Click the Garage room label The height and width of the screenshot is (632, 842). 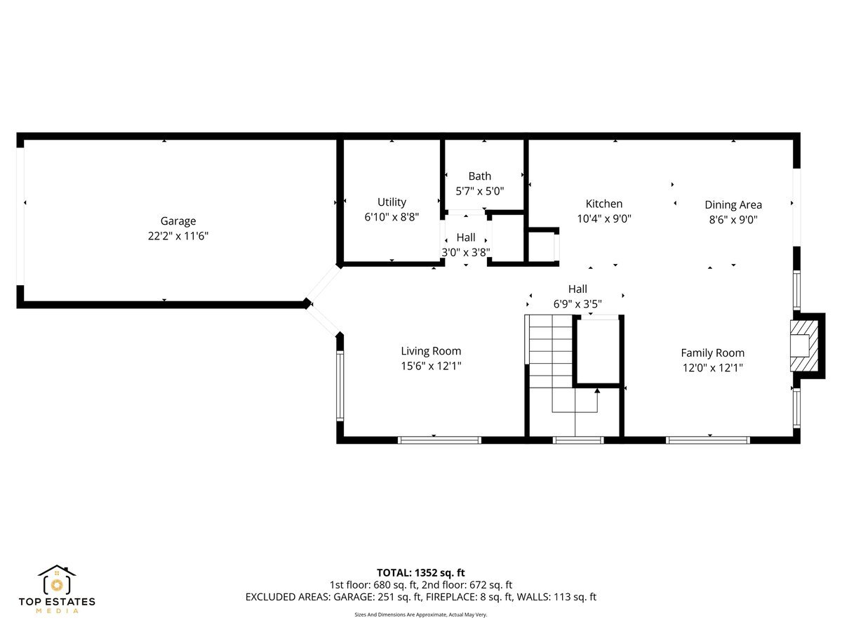click(x=178, y=221)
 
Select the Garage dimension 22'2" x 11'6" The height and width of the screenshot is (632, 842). click(x=178, y=237)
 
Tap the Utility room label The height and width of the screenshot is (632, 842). click(x=392, y=202)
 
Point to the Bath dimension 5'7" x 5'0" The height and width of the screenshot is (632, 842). click(x=480, y=190)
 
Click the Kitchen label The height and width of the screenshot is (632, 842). click(x=604, y=204)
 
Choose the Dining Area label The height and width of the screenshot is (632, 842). click(x=733, y=205)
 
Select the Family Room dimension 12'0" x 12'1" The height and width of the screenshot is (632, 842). click(x=712, y=367)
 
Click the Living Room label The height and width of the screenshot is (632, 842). click(x=431, y=351)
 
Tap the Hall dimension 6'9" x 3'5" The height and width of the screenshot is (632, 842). click(x=577, y=304)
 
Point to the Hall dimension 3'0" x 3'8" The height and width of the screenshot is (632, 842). click(x=465, y=253)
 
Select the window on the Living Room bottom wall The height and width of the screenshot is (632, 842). click(x=439, y=440)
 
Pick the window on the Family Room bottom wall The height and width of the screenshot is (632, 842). click(x=707, y=440)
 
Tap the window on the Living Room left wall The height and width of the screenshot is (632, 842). click(x=340, y=386)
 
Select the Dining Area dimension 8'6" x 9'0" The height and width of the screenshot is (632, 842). click(x=733, y=219)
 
